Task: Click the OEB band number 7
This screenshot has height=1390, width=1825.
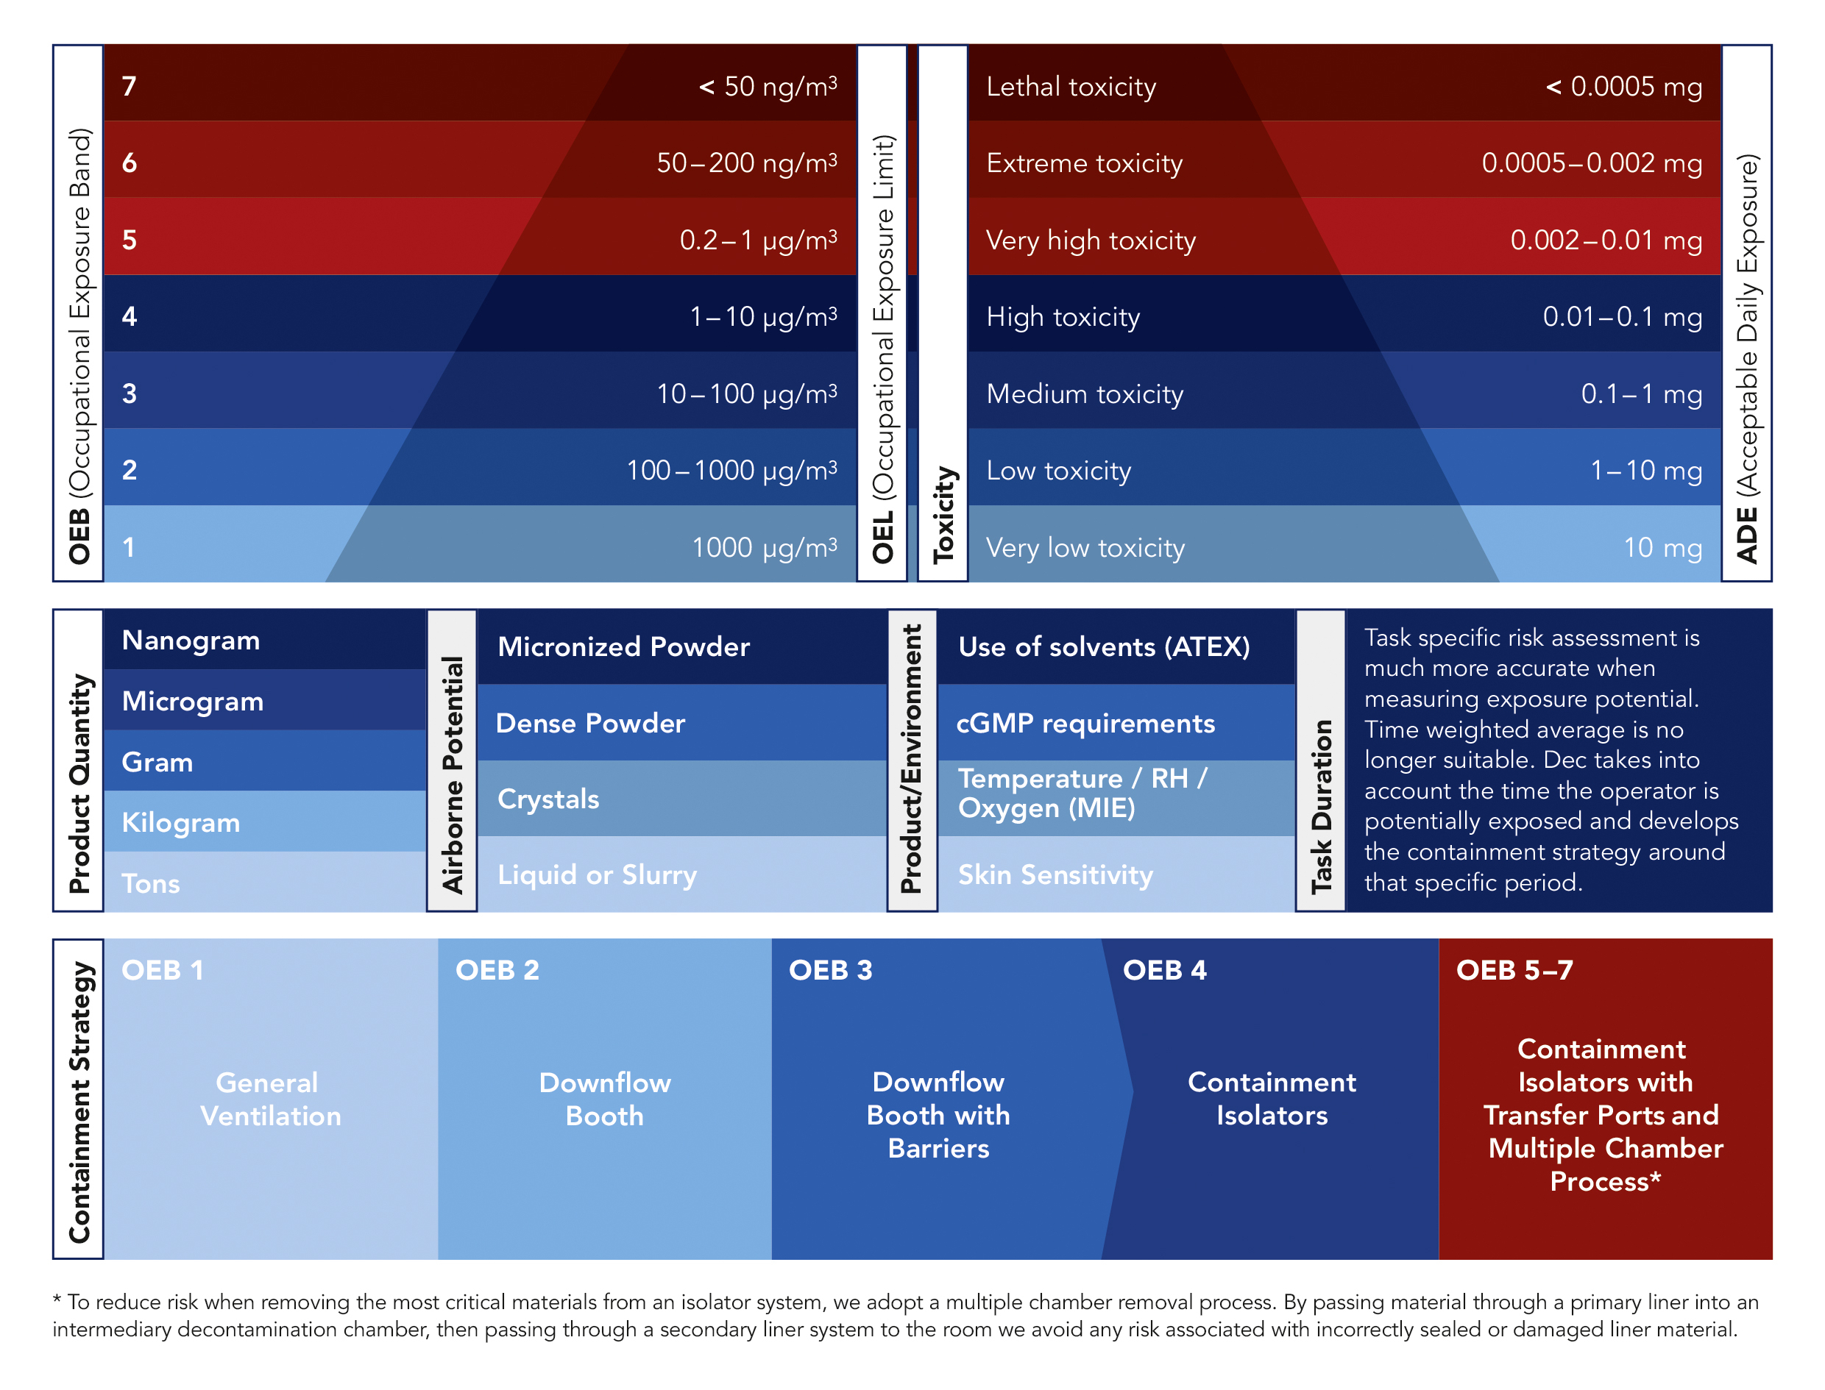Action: tap(129, 86)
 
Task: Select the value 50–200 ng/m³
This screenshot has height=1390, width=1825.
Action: tap(745, 163)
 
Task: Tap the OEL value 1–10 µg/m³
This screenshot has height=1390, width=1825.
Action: tap(762, 316)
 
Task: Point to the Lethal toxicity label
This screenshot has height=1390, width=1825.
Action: tap(1070, 87)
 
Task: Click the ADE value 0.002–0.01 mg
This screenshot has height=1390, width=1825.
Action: tap(1605, 240)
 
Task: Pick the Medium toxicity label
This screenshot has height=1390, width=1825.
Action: tap(1084, 394)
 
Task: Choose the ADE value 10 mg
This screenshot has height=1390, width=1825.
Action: tap(1661, 547)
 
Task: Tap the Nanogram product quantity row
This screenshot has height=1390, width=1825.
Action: tap(191, 640)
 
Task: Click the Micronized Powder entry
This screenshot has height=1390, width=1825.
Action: tap(623, 646)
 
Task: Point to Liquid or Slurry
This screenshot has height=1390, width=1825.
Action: tap(597, 874)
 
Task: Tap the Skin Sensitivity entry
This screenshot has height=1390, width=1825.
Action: tap(1055, 874)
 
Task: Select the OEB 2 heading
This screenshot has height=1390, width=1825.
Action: tap(497, 969)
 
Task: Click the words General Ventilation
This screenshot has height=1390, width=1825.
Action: tap(269, 1099)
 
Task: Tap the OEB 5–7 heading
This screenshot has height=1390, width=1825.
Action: tap(1513, 969)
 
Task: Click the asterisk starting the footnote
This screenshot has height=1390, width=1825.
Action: tap(57, 1300)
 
